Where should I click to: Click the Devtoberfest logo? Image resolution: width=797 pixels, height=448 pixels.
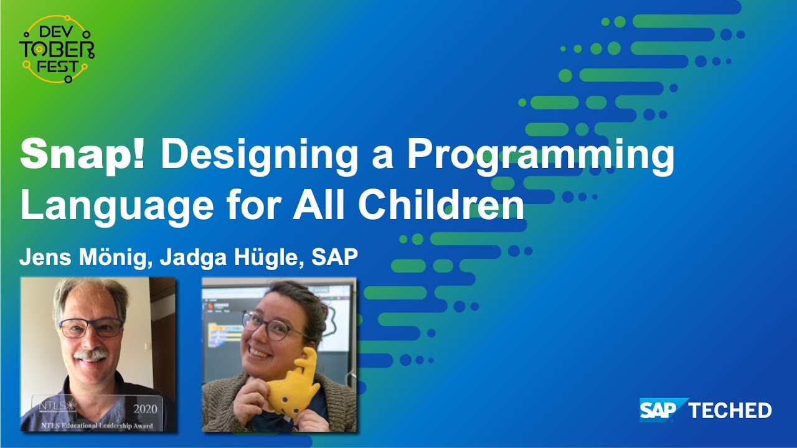tap(57, 49)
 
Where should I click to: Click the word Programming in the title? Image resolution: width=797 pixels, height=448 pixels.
tap(540, 156)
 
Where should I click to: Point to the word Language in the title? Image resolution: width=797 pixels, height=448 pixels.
tap(118, 206)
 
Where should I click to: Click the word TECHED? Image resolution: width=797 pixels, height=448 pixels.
tap(730, 411)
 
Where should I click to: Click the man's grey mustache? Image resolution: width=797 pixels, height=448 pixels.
tap(92, 355)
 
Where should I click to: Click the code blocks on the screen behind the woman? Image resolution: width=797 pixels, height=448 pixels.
tap(225, 333)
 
